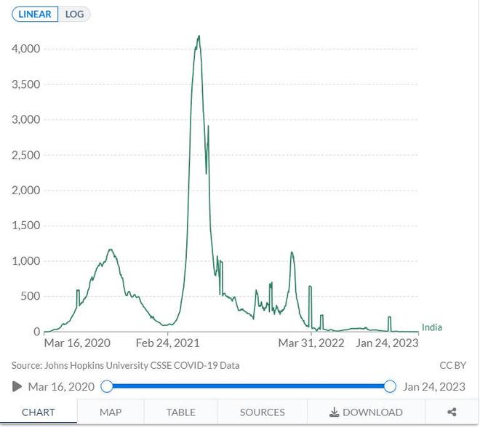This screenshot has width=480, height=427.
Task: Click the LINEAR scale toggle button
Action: coord(33,14)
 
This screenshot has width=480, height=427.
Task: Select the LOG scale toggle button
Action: coord(74,14)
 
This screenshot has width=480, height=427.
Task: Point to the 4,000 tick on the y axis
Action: coord(25,49)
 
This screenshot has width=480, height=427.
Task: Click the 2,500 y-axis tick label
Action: coord(25,155)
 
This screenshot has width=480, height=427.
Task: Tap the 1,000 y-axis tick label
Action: coord(25,261)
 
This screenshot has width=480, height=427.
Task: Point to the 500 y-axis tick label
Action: coord(31,296)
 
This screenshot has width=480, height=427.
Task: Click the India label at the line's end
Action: coord(431,327)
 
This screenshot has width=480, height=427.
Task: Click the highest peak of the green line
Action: coord(199,36)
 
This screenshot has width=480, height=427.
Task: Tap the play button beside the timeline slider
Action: coord(17,386)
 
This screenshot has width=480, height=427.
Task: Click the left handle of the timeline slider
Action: coord(107,386)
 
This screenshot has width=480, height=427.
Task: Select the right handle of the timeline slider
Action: coord(390,386)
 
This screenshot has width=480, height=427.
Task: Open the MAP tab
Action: coord(111,412)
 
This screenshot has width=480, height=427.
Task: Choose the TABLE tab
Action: coord(181,412)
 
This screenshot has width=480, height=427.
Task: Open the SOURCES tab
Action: coord(262,412)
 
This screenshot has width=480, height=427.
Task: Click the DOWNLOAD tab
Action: coord(366,412)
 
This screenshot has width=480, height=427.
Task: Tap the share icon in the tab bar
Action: coord(452,412)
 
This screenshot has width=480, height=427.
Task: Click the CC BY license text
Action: coord(452,365)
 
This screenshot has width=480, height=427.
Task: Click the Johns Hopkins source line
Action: coord(125,365)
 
